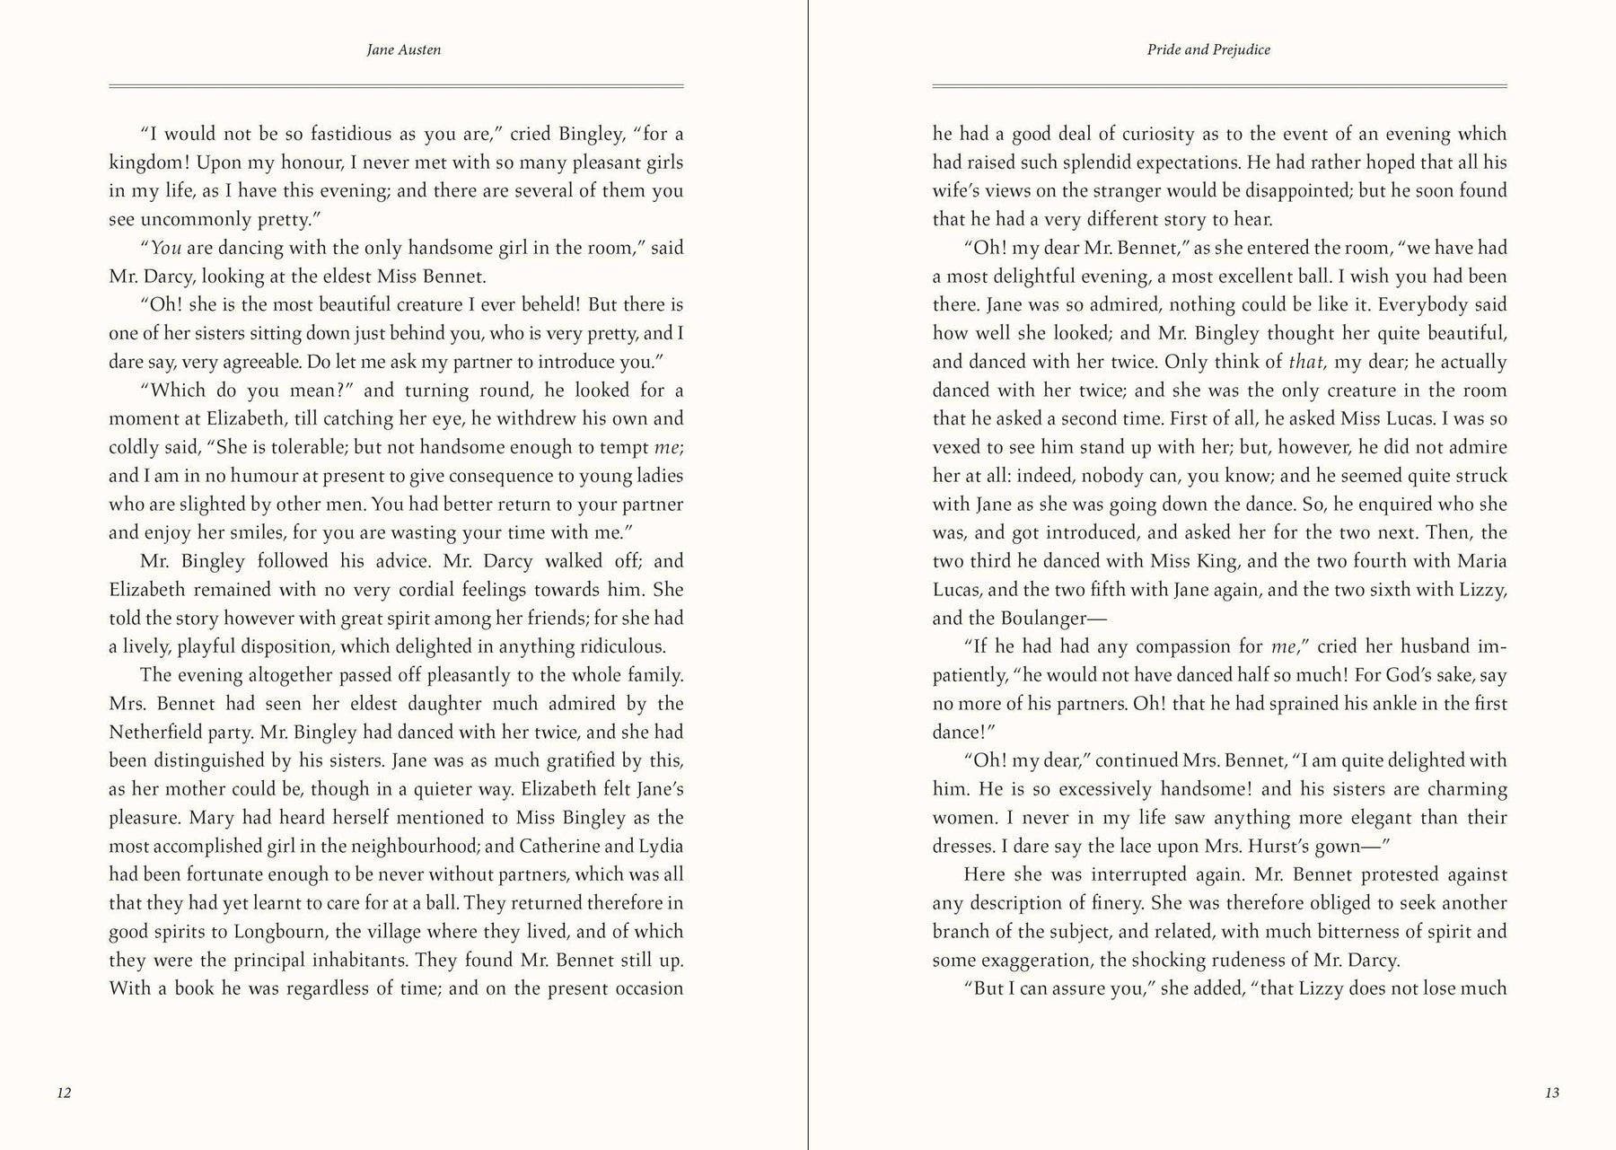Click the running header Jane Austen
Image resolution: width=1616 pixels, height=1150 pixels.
[x=404, y=50]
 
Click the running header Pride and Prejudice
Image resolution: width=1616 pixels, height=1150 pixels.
[x=1208, y=50]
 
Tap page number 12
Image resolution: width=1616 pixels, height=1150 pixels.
[x=64, y=1093]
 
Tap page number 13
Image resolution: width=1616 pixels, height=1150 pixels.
[x=1552, y=1093]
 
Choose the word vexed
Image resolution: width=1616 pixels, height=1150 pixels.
[x=956, y=447]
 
